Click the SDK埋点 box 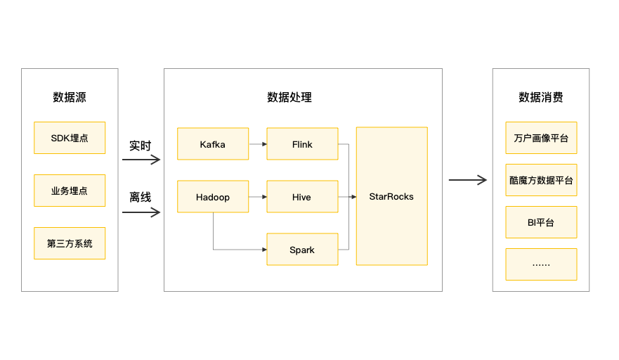point(70,138)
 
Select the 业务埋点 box point(70,191)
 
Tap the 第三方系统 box point(70,243)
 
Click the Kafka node point(213,144)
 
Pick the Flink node point(302,144)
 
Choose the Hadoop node point(213,197)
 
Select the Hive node point(302,197)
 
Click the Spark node point(302,250)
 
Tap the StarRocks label point(391,197)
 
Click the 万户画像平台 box point(541,139)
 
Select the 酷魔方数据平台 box point(541,180)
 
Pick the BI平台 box point(541,222)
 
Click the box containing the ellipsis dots point(541,264)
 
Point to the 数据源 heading point(70,98)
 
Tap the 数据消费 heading point(541,98)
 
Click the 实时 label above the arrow point(140,146)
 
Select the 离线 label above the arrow point(140,198)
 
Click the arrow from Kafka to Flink point(258,144)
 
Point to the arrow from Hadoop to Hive point(258,197)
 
